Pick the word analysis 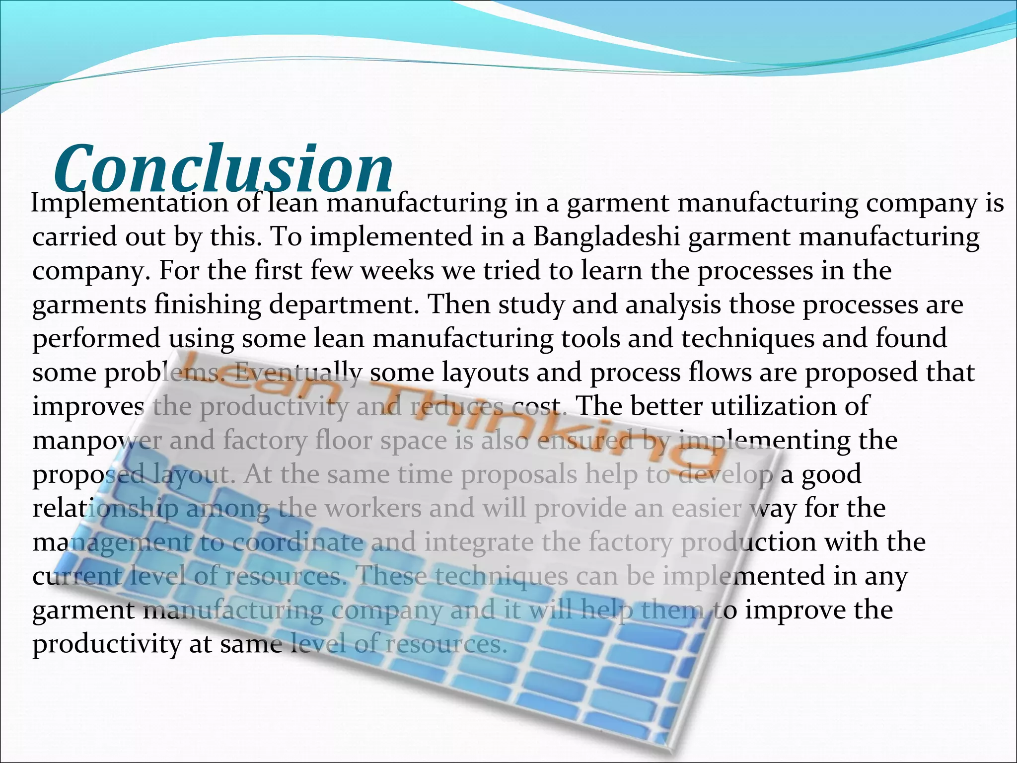tap(673, 305)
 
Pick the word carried tap(74, 237)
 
